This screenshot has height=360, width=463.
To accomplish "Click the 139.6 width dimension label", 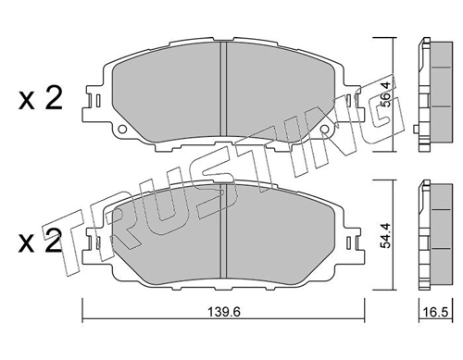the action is [223, 312].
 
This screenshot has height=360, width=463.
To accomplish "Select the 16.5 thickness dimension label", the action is [436, 312].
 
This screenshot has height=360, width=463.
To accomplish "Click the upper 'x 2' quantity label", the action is [41, 98].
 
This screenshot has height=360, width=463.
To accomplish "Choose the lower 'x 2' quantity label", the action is [41, 242].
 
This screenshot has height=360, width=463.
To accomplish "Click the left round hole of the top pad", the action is [122, 129].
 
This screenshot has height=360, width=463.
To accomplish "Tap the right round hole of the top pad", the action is [324, 129].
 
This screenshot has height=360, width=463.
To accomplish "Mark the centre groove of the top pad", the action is [223, 90].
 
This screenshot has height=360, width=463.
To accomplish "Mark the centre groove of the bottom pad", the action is [223, 231].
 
